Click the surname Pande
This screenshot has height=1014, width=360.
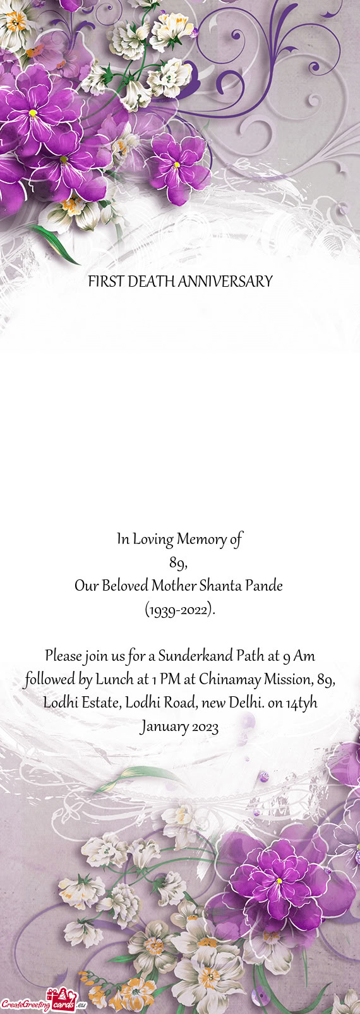point(264,586)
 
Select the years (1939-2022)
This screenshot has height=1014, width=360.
point(180,610)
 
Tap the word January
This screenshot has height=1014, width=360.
point(162,727)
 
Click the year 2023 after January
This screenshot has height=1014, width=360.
point(203,727)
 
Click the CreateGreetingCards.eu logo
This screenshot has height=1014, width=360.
point(43,1003)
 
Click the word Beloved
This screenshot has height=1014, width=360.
point(122,586)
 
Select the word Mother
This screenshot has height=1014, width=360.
point(174,586)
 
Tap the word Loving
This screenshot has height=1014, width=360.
point(152,540)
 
